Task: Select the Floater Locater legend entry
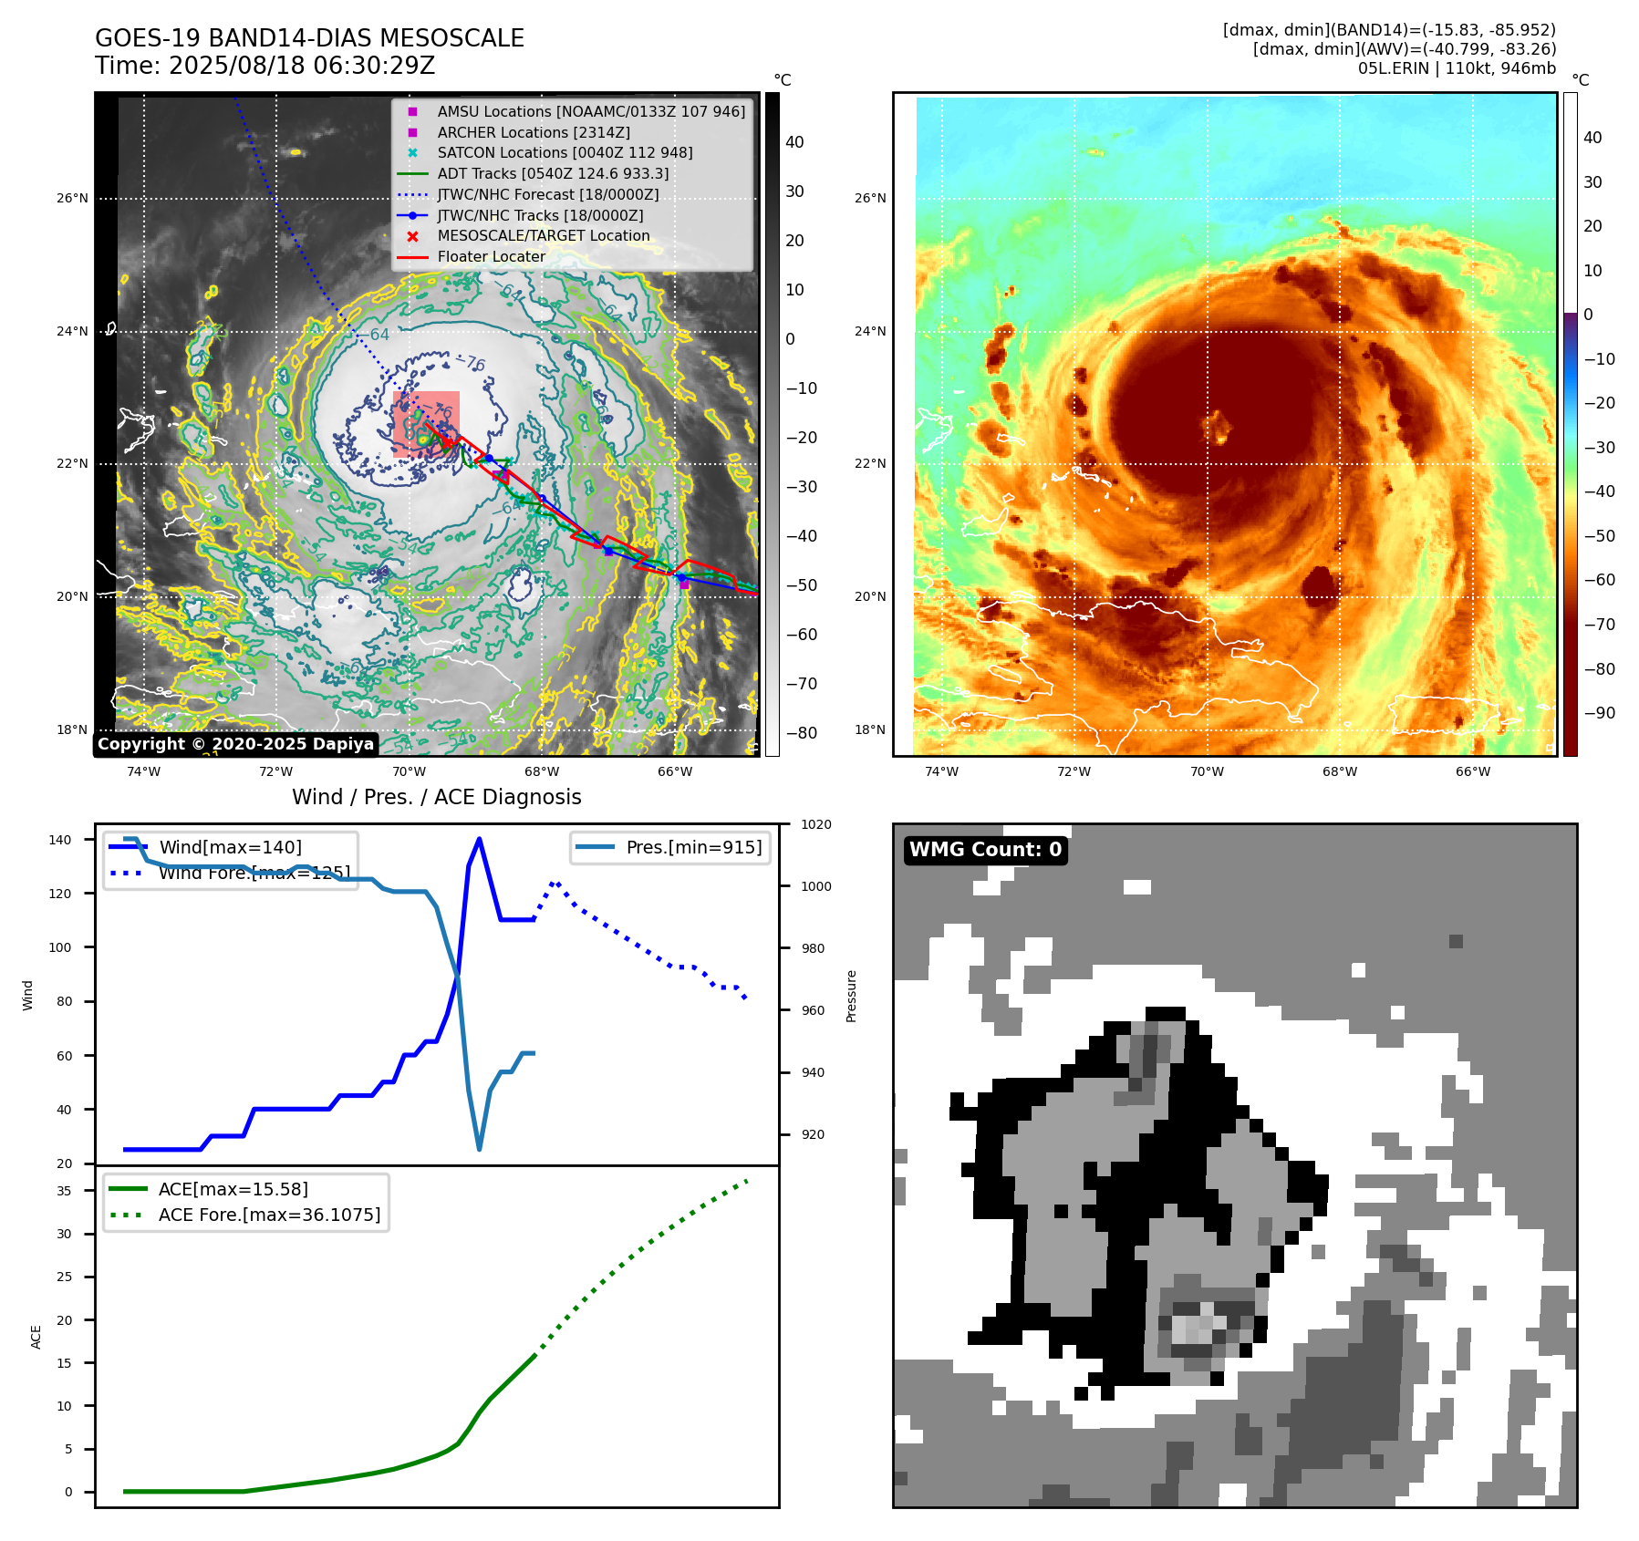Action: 491,257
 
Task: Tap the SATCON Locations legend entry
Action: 565,152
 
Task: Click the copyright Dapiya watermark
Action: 235,744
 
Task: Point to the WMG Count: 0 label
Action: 985,850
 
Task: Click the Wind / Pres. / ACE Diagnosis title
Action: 436,797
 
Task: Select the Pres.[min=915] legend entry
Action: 693,847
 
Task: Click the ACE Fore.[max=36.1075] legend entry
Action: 269,1215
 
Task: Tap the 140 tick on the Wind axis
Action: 60,840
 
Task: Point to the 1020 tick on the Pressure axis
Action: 816,824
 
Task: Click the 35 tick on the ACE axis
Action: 65,1191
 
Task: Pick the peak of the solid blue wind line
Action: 479,839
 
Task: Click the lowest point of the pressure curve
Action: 479,1149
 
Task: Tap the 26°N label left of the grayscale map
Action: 73,198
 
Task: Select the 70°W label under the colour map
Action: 1207,771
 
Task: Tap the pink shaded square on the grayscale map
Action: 426,424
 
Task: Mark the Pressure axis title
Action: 851,996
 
